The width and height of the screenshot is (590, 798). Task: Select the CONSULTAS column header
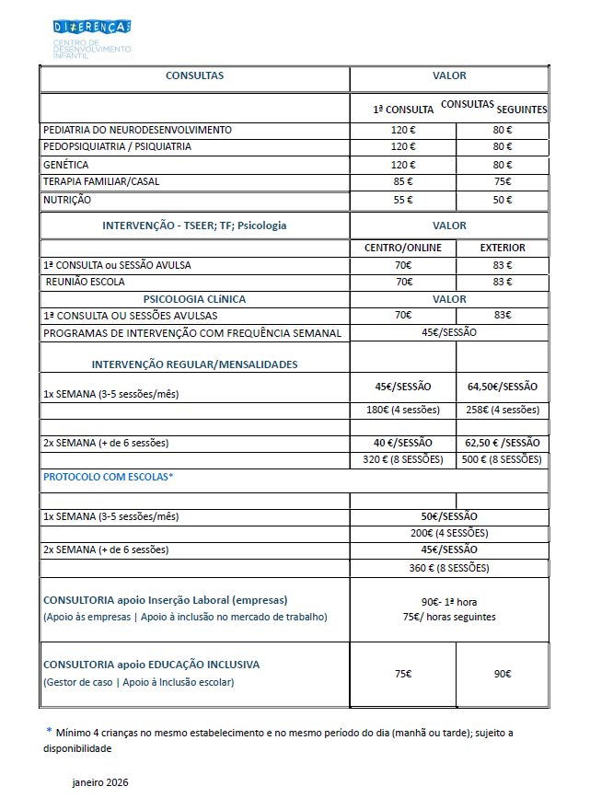[x=194, y=75]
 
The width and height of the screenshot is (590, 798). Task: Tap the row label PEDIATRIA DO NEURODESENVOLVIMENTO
[x=137, y=130]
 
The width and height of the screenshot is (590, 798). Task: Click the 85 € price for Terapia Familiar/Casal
[x=403, y=182]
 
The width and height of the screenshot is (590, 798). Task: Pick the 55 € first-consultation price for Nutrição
[x=403, y=200]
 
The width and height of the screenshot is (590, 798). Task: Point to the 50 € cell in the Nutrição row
[x=503, y=200]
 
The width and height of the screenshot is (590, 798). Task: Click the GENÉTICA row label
[x=65, y=165]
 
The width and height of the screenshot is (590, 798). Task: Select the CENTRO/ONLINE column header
[x=403, y=248]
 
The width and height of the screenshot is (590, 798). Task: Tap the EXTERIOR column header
[x=503, y=248]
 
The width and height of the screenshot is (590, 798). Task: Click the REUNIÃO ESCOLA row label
[x=85, y=282]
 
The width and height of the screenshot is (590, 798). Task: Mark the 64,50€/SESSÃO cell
[x=503, y=387]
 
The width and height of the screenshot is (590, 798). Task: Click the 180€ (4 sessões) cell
[x=403, y=410]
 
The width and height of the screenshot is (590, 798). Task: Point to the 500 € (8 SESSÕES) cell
[x=503, y=459]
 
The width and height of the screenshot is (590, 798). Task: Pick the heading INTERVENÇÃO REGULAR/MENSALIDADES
[x=194, y=364]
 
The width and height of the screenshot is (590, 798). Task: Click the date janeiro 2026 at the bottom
[x=100, y=782]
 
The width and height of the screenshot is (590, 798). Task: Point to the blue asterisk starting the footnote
[x=49, y=730]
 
